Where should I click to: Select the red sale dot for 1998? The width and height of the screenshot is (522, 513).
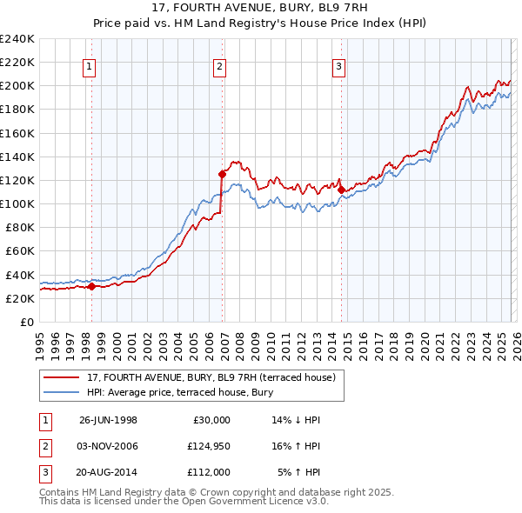tap(92, 286)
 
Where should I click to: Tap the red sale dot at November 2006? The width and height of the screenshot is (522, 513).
tap(221, 174)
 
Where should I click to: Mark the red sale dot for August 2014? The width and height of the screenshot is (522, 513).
tap(341, 190)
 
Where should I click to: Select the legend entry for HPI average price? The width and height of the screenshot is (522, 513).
tap(180, 393)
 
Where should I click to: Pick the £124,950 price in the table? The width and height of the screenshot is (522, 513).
tap(207, 446)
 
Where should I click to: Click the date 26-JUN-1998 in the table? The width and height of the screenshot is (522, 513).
tap(108, 420)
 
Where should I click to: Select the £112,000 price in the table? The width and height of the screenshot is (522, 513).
tap(207, 472)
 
